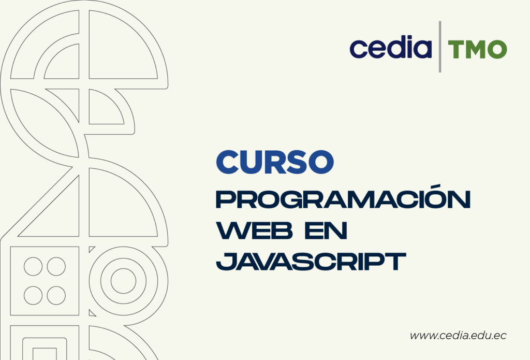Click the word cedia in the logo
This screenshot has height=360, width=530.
[x=390, y=48]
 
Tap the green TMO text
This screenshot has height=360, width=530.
[x=477, y=50]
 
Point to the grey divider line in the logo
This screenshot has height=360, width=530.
[x=440, y=47]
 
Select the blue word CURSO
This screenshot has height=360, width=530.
[x=274, y=162]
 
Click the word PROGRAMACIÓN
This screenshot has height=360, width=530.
[x=343, y=200]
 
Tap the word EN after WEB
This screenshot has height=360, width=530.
[x=326, y=231]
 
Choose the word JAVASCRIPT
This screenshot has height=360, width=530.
[x=309, y=261]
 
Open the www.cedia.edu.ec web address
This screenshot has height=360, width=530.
[x=458, y=336]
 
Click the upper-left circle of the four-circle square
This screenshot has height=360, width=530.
[x=33, y=266]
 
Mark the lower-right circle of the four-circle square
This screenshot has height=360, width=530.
[x=56, y=295]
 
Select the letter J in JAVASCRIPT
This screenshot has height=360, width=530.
[x=223, y=261]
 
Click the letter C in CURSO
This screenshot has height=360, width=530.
[x=226, y=162]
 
